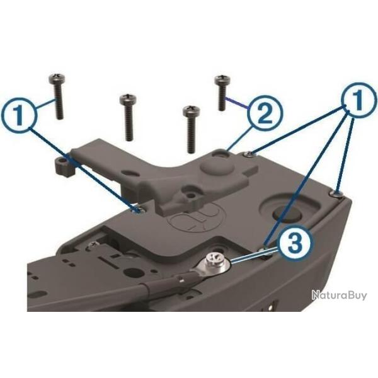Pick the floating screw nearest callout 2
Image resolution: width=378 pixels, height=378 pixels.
(222, 92)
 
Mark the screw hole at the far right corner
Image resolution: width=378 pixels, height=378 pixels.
(338, 192)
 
